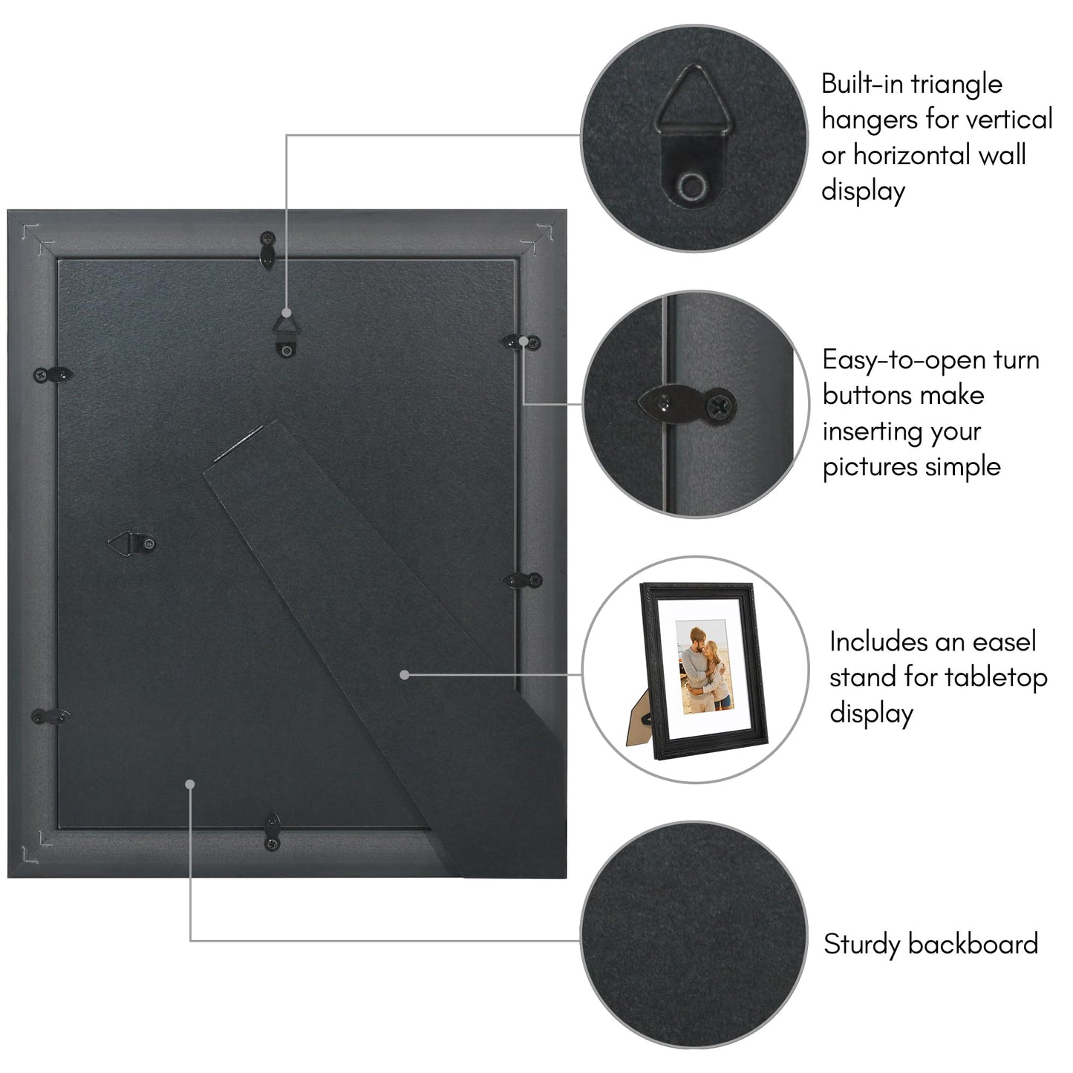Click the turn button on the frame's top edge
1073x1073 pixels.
pos(267,249)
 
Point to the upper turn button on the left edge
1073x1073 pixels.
pos(53,375)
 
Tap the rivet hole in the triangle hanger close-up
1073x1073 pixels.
pos(695,185)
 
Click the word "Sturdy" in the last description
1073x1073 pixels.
pos(861,944)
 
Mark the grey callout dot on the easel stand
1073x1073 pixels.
pos(405,675)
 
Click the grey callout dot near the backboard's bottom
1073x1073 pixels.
pos(190,783)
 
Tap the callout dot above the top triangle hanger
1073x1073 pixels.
pos(287,314)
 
